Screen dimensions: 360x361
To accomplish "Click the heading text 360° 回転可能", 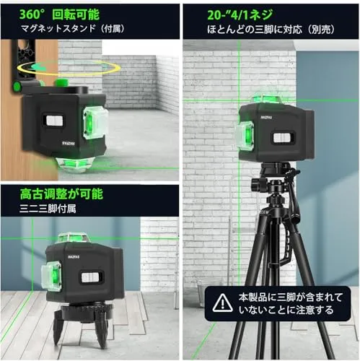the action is pyautogui.click(x=59, y=14).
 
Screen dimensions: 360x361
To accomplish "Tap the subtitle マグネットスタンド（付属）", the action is pyautogui.click(x=73, y=29).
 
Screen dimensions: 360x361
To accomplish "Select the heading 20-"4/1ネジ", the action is pyautogui.click(x=240, y=15).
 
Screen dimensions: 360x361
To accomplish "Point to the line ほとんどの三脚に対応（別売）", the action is pyautogui.click(x=271, y=30).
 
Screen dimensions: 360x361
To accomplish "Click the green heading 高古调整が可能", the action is pyautogui.click(x=61, y=194).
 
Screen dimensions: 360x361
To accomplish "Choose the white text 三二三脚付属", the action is pyautogui.click(x=48, y=209).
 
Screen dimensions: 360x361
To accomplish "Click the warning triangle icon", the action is pyautogui.click(x=223, y=303).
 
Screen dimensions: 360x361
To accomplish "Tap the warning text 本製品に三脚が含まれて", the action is pyautogui.click(x=291, y=297).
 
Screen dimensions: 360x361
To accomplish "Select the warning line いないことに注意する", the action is pyautogui.click(x=286, y=310).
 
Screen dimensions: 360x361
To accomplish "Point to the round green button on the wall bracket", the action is pyautogui.click(x=17, y=86).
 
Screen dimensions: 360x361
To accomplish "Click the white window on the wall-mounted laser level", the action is pyautogui.click(x=54, y=120).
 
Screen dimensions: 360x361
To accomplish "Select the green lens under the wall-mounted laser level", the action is pyautogui.click(x=72, y=165).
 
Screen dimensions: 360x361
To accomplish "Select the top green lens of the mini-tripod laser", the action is pyautogui.click(x=74, y=238).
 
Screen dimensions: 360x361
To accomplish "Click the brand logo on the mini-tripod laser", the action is pyautogui.click(x=74, y=256).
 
